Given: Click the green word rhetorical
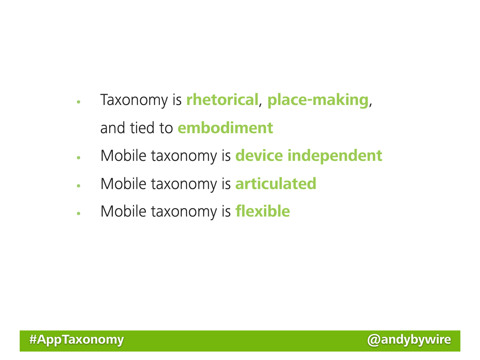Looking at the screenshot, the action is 222,100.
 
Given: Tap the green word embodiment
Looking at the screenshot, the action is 225,127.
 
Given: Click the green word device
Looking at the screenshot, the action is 259,156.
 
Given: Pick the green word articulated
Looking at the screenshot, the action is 276,184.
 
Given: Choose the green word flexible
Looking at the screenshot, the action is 262,211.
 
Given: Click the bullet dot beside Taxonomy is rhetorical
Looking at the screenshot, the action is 79,102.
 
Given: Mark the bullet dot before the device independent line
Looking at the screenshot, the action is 79,157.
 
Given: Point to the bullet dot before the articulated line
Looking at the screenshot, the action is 79,186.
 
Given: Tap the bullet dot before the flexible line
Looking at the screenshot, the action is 79,213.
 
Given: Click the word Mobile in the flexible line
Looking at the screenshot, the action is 123,211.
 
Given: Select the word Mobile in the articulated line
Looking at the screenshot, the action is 123,184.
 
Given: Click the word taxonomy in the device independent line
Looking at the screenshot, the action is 184,157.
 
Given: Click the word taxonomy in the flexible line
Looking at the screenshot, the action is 184,212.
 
